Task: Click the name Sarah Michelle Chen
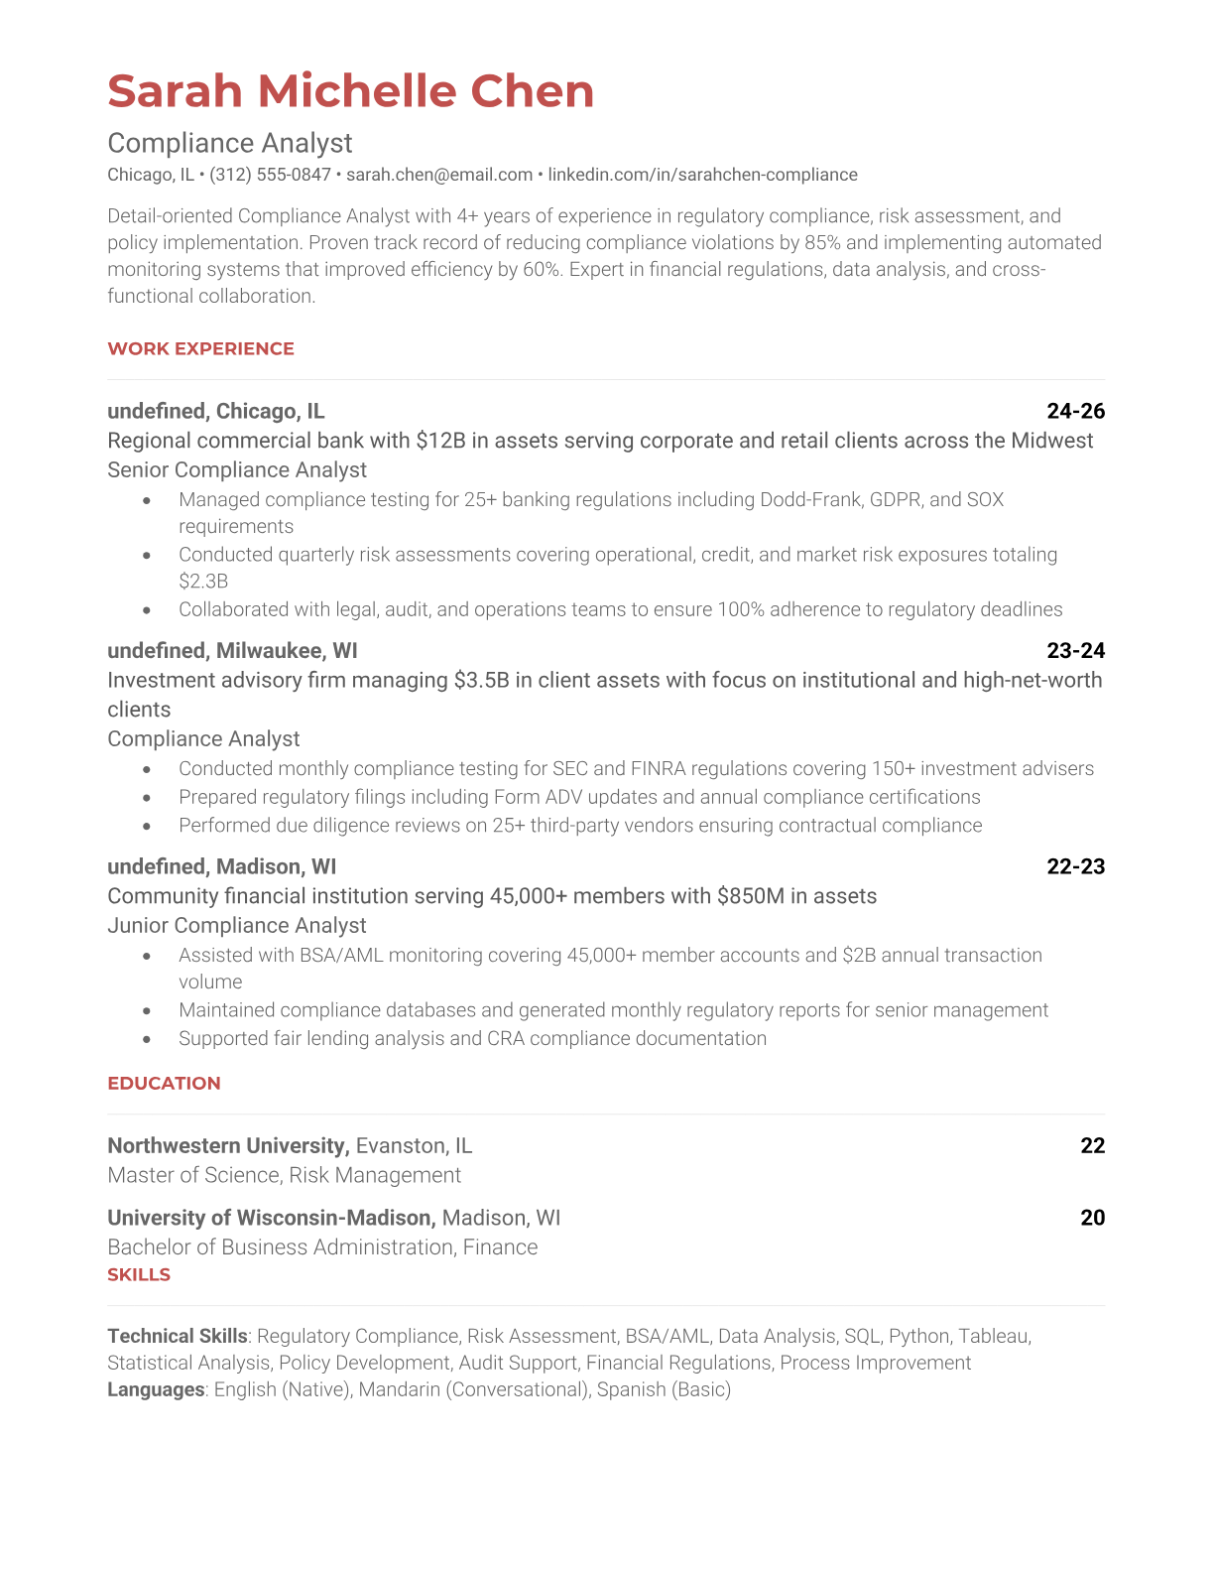click(350, 91)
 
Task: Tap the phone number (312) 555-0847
click(270, 175)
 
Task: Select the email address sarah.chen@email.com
click(439, 175)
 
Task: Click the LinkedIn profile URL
click(702, 175)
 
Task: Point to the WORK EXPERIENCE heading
click(200, 348)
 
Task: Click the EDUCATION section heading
click(164, 1083)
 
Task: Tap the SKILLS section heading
click(139, 1274)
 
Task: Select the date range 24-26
click(1075, 411)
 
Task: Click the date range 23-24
click(1075, 650)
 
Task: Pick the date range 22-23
click(1075, 866)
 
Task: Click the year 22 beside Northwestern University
click(1092, 1145)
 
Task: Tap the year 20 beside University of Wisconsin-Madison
click(1092, 1218)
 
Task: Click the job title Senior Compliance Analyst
click(237, 469)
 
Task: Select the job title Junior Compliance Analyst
click(237, 925)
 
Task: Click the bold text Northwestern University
click(227, 1145)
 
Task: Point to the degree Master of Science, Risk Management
click(284, 1175)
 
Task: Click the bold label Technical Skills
click(177, 1336)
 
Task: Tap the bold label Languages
click(156, 1389)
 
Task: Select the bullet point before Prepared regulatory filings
click(148, 797)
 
